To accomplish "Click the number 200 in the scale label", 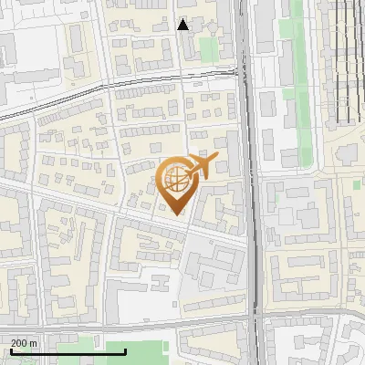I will [19, 343].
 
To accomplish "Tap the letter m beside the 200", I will [33, 343].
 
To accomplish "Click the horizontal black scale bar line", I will [55, 350].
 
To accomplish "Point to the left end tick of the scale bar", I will [10, 349].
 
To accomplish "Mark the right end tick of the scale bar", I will [99, 349].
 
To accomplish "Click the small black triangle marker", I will [182, 25].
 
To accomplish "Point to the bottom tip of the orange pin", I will [177, 215].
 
